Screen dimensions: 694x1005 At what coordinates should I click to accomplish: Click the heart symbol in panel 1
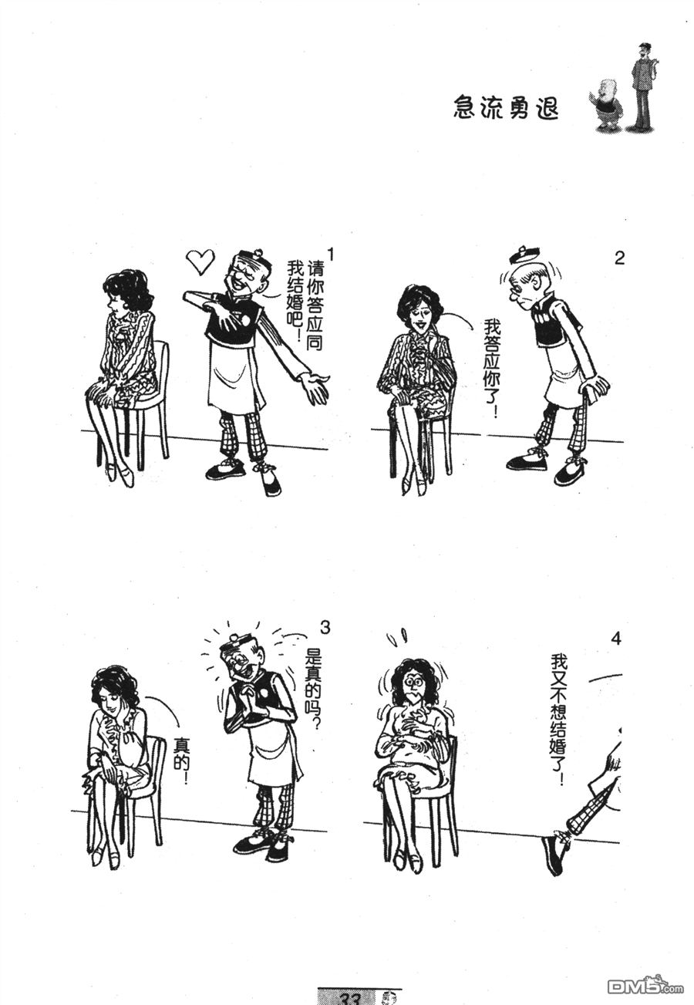click(x=200, y=261)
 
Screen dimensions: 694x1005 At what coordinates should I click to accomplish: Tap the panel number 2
click(x=619, y=258)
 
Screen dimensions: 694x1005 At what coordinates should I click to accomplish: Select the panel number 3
click(x=325, y=628)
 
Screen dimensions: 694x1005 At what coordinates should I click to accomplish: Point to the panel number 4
click(x=616, y=639)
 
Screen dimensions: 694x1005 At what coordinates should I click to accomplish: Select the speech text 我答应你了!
click(x=492, y=368)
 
